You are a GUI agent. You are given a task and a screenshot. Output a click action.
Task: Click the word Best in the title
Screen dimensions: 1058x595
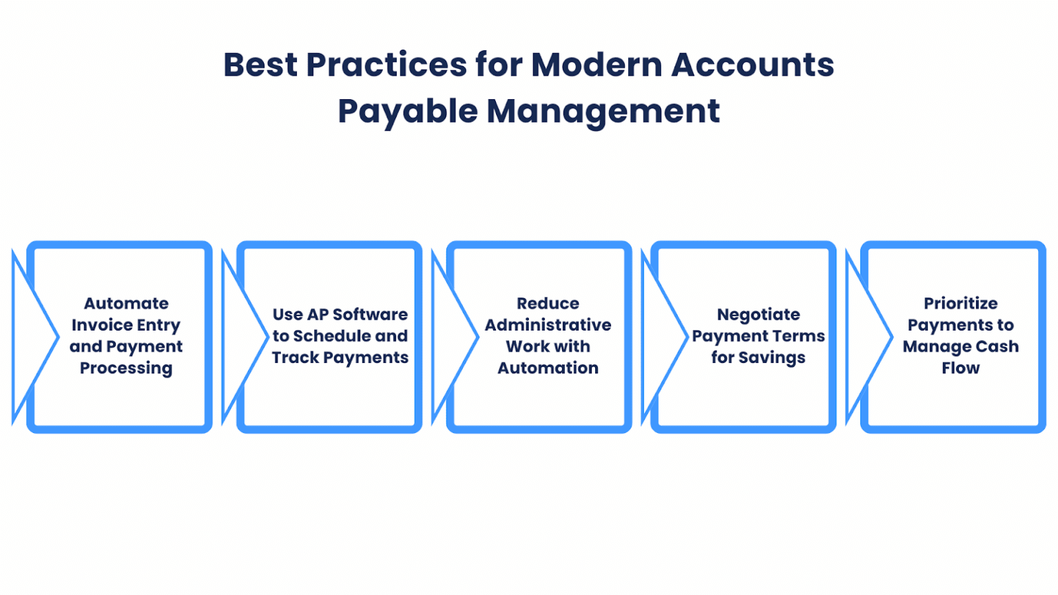[x=260, y=65]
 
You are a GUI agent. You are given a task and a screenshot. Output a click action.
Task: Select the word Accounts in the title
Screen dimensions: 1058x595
[x=753, y=65]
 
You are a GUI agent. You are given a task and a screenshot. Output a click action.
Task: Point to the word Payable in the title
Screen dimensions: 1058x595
[x=408, y=112]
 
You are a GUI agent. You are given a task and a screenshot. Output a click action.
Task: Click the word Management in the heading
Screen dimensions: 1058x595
[x=603, y=112]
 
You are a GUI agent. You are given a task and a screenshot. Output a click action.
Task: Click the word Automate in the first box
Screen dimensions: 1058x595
[x=126, y=303]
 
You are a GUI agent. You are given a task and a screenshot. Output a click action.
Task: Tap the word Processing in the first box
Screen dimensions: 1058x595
[x=126, y=368]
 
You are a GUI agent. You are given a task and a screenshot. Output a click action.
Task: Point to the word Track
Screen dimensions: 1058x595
[x=295, y=357]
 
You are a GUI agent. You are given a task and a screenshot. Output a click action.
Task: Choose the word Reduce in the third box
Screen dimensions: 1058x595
[x=548, y=303]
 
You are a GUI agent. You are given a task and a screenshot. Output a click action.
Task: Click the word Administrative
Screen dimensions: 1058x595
[x=548, y=325]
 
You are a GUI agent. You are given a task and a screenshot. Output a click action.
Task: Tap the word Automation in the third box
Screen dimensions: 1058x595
[x=548, y=368]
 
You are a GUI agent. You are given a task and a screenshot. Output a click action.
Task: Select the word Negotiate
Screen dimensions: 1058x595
[x=758, y=315]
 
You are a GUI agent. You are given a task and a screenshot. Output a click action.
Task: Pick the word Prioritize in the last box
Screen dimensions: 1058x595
[x=961, y=303]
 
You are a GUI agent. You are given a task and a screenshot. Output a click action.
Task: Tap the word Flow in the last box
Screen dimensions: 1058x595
[x=961, y=368]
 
